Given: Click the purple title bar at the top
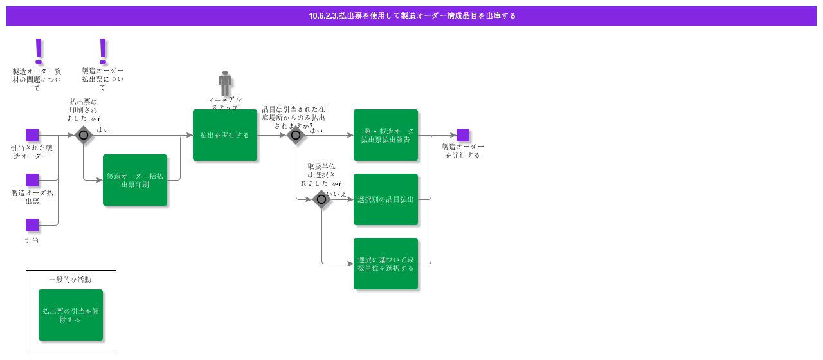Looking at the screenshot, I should point(411,16).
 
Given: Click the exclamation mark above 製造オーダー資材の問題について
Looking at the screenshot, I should point(39,50).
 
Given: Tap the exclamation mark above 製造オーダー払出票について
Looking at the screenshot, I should point(103,50).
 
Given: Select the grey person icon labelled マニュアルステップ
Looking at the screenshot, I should point(225,84).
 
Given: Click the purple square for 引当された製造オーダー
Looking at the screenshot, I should point(32,135).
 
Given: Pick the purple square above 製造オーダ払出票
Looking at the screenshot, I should point(32,180).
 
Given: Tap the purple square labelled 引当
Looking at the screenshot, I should point(32,225).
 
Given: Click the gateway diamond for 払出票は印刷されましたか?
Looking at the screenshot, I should point(84,135).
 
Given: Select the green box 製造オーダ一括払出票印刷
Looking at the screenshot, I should point(135,180).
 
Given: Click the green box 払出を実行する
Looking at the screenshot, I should point(225,135).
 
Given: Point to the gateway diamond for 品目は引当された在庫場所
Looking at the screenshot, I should point(296,135).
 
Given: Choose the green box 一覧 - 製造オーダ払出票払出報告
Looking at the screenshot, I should point(386,135).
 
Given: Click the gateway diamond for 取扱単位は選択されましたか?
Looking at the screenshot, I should point(321,199).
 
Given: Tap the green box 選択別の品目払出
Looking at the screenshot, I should point(386,199).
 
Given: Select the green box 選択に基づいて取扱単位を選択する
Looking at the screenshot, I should point(386,264).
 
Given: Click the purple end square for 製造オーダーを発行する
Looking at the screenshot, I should point(463,135).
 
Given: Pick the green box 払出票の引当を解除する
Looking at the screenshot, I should point(71,315).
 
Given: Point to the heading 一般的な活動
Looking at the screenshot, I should point(70,280).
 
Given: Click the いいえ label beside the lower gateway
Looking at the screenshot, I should point(336,194).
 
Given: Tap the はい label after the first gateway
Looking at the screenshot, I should point(103,129).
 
